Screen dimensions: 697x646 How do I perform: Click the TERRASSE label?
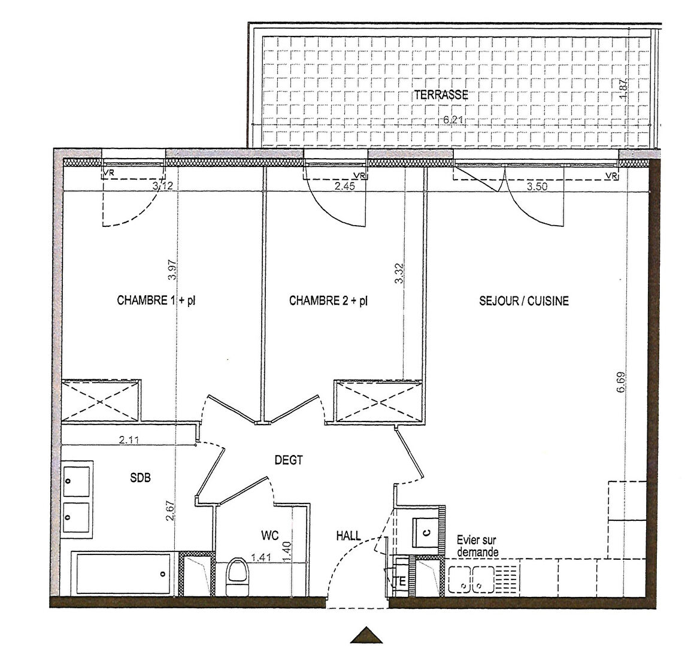coord(441,95)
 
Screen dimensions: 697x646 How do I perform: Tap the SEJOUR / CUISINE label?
coord(523,301)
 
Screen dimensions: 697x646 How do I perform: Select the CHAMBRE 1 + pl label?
coord(156,301)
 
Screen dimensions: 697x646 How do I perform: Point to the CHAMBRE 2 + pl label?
coord(329,301)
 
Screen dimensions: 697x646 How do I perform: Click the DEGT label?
coord(289,460)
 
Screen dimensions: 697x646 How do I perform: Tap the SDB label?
coord(141,478)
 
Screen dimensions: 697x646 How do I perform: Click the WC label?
coord(270,536)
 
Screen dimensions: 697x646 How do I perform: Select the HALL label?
coord(348,536)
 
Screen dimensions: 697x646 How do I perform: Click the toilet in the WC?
coord(237,577)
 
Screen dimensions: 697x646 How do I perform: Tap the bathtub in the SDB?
coord(120,574)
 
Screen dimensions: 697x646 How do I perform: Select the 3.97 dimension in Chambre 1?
coord(172,269)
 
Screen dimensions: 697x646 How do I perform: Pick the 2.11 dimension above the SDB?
coord(129,440)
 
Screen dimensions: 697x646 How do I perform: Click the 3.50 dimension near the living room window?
coord(537,186)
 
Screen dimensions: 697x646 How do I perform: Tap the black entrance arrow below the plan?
coord(366,635)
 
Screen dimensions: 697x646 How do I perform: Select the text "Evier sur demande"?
coord(477,546)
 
